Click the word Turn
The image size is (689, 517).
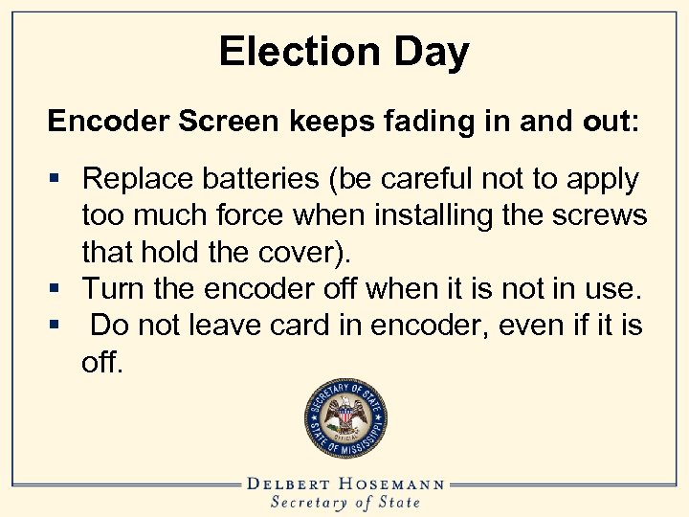113,287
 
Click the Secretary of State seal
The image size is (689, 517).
345,416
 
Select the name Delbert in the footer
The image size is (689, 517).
293,483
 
